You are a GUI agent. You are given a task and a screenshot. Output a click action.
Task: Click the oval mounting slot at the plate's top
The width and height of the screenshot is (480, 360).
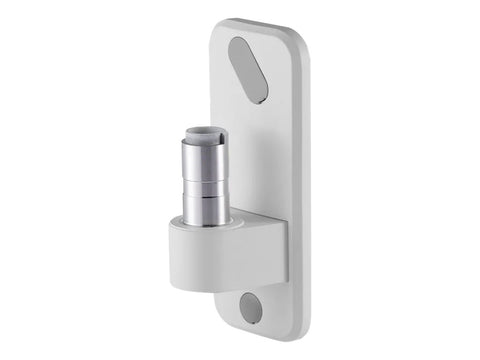(249, 70)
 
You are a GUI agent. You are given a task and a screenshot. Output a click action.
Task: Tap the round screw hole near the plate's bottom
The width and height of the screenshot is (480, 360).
(252, 309)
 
